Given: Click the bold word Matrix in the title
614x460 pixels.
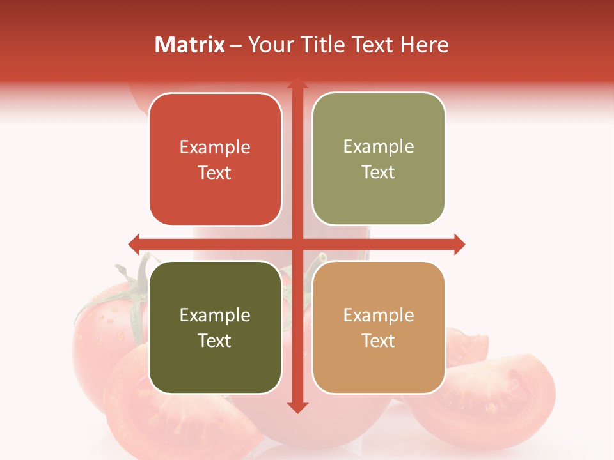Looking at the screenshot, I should pos(190,45).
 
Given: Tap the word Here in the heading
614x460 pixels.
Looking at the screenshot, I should pos(425,45).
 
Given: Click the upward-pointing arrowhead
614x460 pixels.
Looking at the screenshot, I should pos(297,84).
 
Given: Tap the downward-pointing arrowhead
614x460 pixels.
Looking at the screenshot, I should pos(297,408).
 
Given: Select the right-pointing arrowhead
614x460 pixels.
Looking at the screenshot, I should pos(459,244).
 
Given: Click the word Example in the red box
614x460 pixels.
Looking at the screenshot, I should pos(215,148).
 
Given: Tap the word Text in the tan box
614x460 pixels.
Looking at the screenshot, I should pos(379,341).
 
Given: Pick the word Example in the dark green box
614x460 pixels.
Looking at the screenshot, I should pos(215,316).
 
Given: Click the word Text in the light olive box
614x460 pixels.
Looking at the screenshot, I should pos(379,172).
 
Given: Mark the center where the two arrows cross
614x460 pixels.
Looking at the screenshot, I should pos(297,244).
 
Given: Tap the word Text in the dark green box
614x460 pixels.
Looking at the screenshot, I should pos(215,341).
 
